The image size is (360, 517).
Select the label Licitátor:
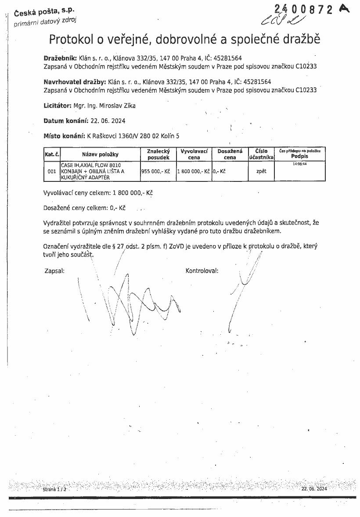tap(58, 106)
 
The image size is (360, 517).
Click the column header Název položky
tap(100, 154)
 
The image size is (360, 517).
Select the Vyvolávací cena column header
tap(194, 154)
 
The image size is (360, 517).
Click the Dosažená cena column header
tap(230, 154)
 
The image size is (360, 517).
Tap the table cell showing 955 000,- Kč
tap(155, 171)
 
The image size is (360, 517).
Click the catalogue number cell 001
tap(52, 171)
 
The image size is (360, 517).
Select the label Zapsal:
tap(55, 271)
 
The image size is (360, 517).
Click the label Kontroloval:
tap(202, 271)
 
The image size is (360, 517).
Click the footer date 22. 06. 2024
tap(314, 489)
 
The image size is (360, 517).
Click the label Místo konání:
tap(65, 136)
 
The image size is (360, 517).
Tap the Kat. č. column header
tap(52, 154)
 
